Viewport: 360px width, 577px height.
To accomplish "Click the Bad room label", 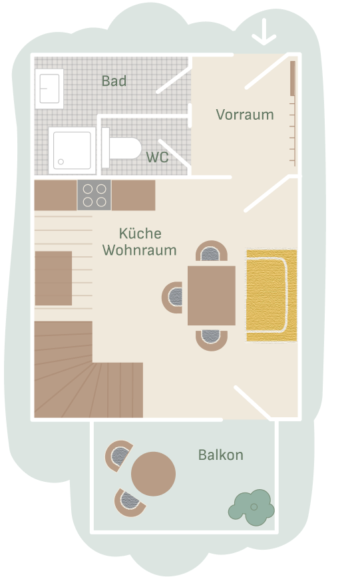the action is click(114, 81).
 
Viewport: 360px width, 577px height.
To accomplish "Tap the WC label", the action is click(157, 157).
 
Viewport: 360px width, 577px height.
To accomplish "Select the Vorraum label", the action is click(245, 115).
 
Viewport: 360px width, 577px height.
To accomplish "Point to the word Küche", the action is click(140, 234).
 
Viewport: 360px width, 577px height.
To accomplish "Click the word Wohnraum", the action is click(140, 250).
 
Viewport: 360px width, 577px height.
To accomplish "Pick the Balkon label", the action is click(221, 455).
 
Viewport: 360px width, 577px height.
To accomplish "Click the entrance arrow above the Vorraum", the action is click(264, 33).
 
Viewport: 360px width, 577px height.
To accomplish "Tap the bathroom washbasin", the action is click(49, 89).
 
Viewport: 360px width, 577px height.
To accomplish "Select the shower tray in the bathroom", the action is click(72, 150).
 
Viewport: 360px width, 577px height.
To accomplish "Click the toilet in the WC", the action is click(121, 148).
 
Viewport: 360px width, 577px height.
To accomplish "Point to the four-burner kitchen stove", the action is click(94, 195).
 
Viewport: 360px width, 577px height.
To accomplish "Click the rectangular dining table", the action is click(212, 295).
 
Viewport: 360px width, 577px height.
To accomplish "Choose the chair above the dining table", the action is click(212, 252).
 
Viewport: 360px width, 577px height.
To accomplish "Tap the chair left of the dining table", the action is click(173, 297).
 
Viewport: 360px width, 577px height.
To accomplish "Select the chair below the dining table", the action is click(212, 339).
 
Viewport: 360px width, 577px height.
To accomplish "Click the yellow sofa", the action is click(271, 295).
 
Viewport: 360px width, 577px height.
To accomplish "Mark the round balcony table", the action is click(153, 474).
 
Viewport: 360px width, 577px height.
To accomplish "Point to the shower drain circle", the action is click(61, 162).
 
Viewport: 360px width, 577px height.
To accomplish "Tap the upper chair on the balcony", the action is click(118, 456).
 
